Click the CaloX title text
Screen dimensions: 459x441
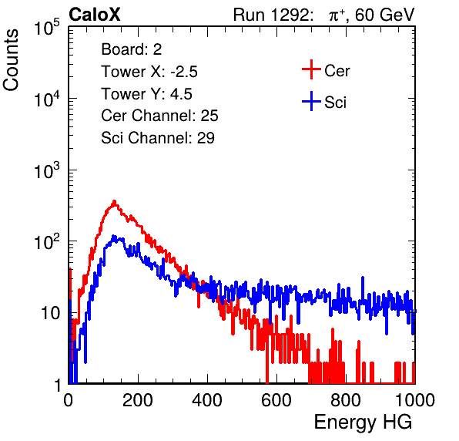95,15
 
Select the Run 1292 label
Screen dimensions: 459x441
271,15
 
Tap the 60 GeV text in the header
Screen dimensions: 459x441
384,15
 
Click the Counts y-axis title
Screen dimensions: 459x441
11,60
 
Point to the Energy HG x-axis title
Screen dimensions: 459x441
363,422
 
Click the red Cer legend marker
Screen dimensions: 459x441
311,69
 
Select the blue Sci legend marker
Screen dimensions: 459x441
311,102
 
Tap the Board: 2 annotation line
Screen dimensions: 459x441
132,49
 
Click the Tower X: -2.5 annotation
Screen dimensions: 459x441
149,72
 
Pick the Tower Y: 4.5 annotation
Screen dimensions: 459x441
146,94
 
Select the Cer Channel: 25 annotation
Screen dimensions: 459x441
159,116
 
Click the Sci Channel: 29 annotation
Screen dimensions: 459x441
158,138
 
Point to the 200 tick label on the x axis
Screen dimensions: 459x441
138,400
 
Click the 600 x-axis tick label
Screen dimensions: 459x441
276,400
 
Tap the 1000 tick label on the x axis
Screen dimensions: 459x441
415,400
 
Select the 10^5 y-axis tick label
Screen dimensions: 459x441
47,28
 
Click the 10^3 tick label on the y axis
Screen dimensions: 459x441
47,171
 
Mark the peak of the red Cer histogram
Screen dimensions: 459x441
115,201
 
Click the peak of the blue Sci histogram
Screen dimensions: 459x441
114,236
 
